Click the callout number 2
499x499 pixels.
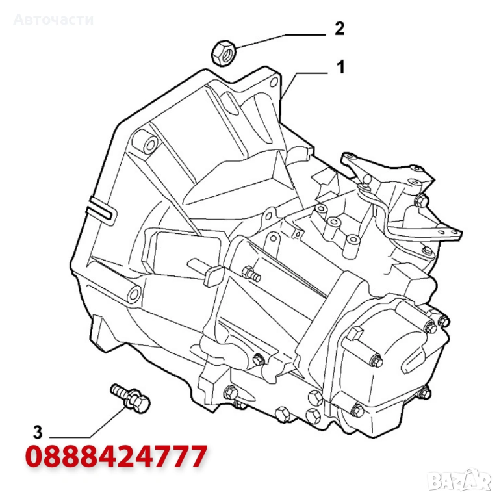[x=340, y=29]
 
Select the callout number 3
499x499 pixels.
[x=38, y=432]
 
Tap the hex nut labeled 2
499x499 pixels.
[x=224, y=53]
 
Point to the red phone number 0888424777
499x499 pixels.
[x=116, y=457]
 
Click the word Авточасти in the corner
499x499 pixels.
[x=53, y=19]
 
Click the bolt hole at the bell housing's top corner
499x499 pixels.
[x=274, y=82]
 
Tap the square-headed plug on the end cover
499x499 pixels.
[x=355, y=333]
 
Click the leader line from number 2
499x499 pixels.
[x=281, y=41]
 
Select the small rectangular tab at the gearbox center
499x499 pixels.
[x=212, y=277]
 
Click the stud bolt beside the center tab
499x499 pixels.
[x=251, y=274]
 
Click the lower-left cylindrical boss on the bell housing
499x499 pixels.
[x=133, y=293]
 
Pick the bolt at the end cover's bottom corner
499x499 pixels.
[x=357, y=411]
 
